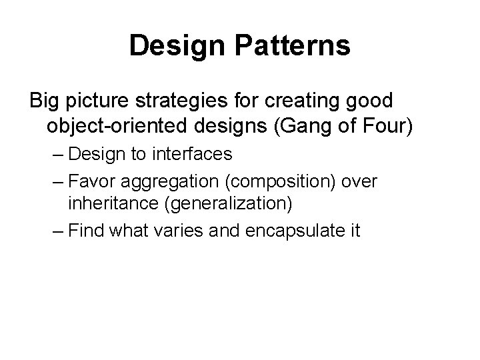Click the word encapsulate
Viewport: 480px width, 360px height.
click(x=293, y=231)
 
